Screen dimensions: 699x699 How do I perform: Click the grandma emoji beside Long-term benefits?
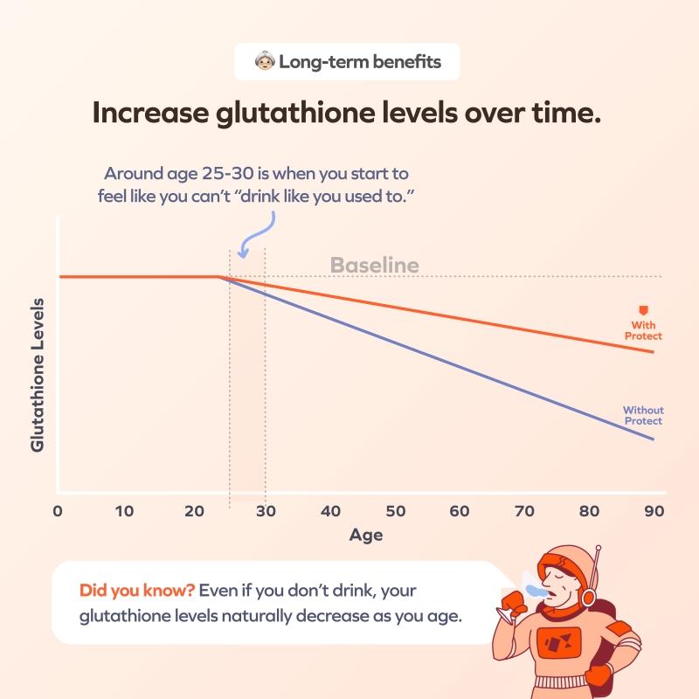coord(265,61)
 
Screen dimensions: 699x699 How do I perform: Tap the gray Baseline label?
coord(375,266)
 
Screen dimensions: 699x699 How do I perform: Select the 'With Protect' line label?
coord(643,330)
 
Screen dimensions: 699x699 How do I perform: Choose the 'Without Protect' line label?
coord(643,416)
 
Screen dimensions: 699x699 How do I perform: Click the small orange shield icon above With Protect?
coord(643,310)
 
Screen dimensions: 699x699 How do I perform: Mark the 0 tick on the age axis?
coord(58,511)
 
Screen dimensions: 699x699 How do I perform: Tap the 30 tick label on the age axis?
coord(266,511)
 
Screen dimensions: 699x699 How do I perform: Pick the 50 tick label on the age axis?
coord(396,511)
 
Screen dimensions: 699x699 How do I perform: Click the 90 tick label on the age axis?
coord(654,511)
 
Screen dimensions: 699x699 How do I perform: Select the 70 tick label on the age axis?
coord(524,511)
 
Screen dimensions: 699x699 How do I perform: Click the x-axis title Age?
coord(366,535)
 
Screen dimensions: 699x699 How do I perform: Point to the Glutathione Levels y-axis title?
coord(38,375)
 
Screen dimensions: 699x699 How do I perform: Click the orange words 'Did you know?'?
coord(137,591)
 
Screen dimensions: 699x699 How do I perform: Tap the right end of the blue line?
coord(654,439)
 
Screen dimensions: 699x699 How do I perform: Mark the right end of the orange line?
coord(654,352)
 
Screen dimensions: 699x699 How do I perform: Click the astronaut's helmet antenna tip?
coord(599,548)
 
